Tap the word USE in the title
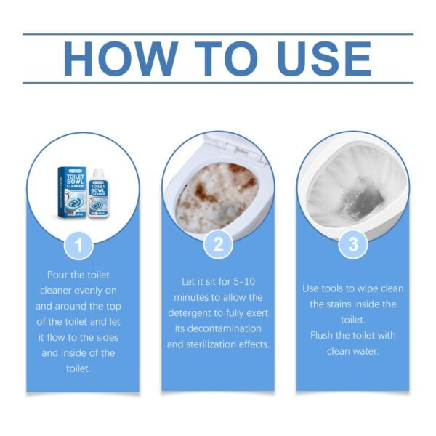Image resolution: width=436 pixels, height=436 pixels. [x=313, y=58]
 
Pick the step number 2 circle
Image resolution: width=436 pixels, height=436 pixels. [x=217, y=245]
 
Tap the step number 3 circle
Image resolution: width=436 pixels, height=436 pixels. [x=352, y=245]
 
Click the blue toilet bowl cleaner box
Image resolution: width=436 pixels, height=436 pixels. [x=72, y=190]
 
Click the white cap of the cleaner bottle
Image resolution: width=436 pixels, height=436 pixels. [x=97, y=172]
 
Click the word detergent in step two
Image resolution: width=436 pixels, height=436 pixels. [x=202, y=312]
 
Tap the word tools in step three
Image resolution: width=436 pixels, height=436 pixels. [x=340, y=288]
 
